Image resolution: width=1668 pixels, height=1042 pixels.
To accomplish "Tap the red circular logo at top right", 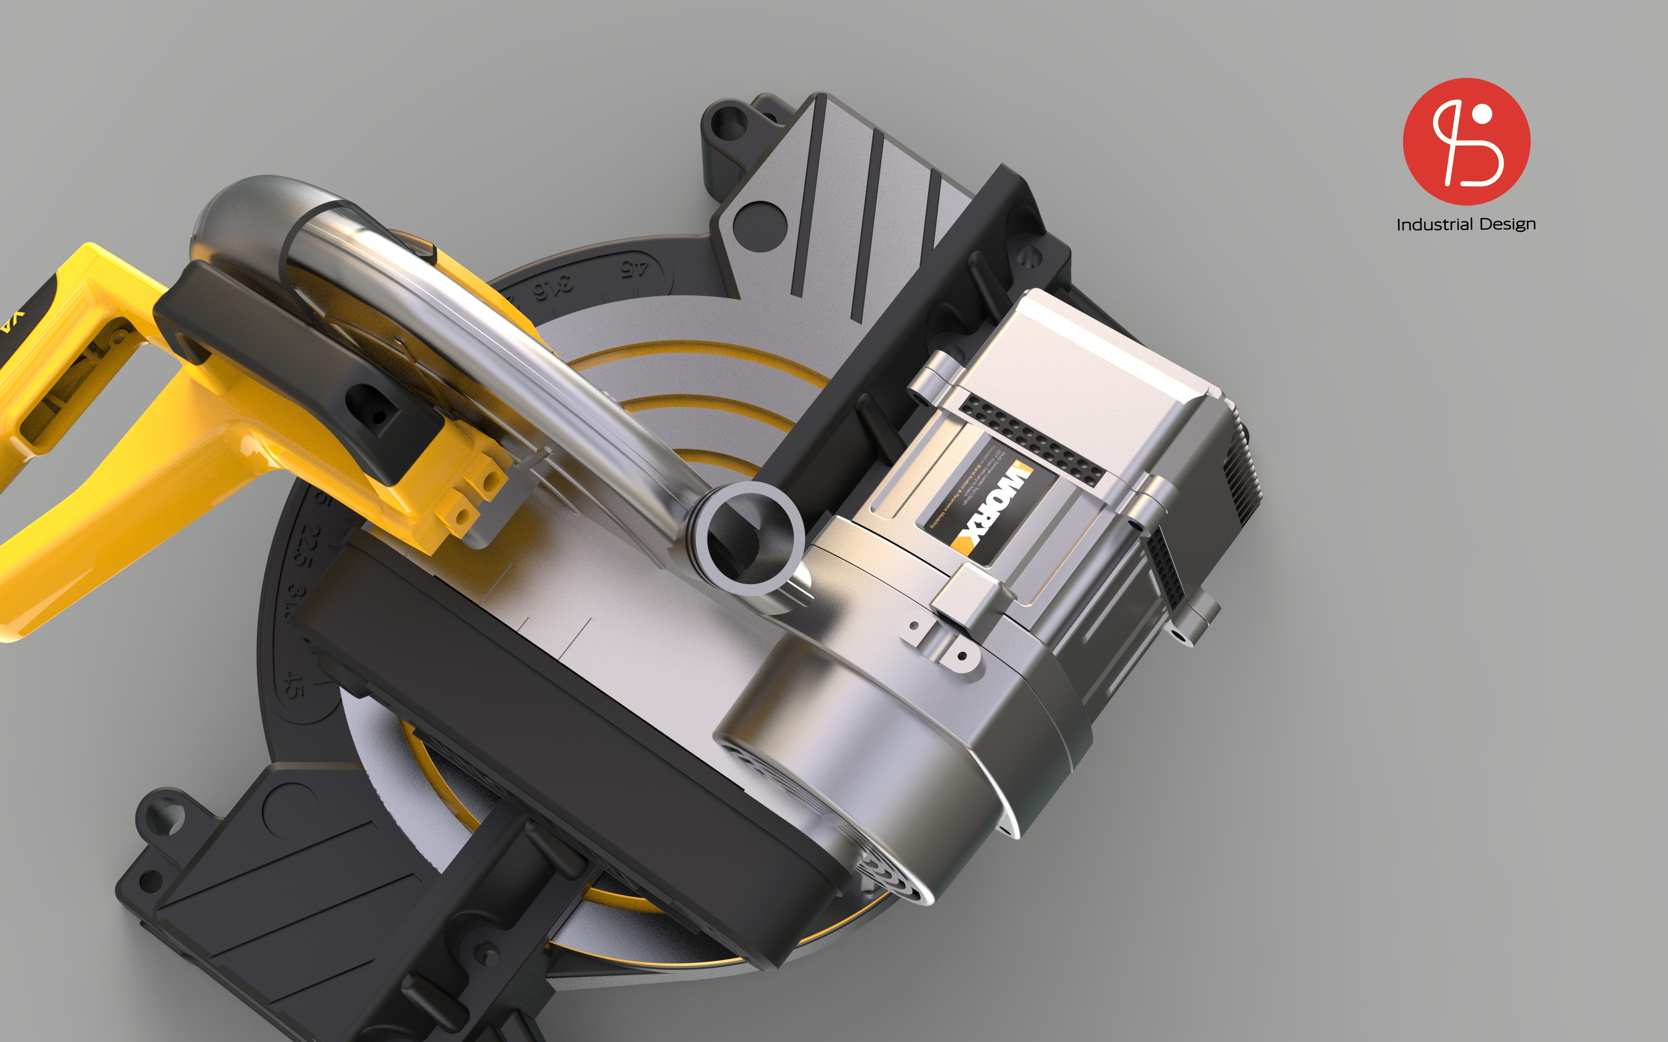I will click(x=1466, y=141).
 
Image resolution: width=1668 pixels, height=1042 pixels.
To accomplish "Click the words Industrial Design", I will click(x=1466, y=225).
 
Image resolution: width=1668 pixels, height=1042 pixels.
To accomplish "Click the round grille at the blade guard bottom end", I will click(x=889, y=872).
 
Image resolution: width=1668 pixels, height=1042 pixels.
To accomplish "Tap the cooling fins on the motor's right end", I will click(x=1241, y=476).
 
